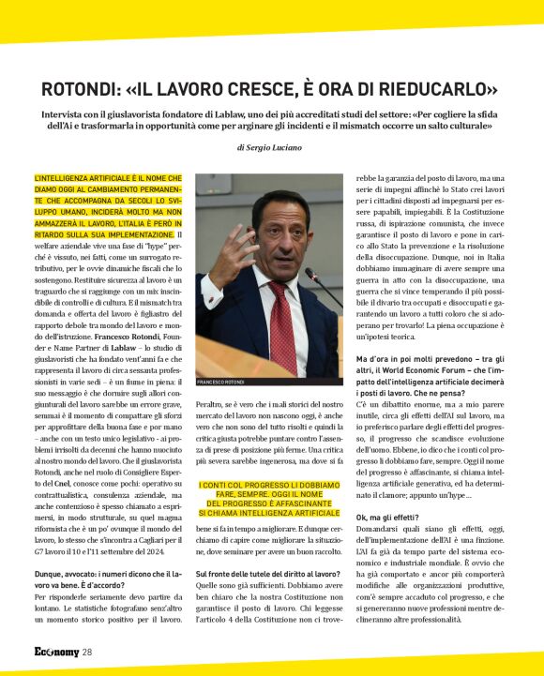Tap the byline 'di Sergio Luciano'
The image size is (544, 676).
click(x=272, y=148)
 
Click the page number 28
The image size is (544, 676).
click(x=86, y=652)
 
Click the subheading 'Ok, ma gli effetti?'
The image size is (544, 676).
click(x=391, y=518)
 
